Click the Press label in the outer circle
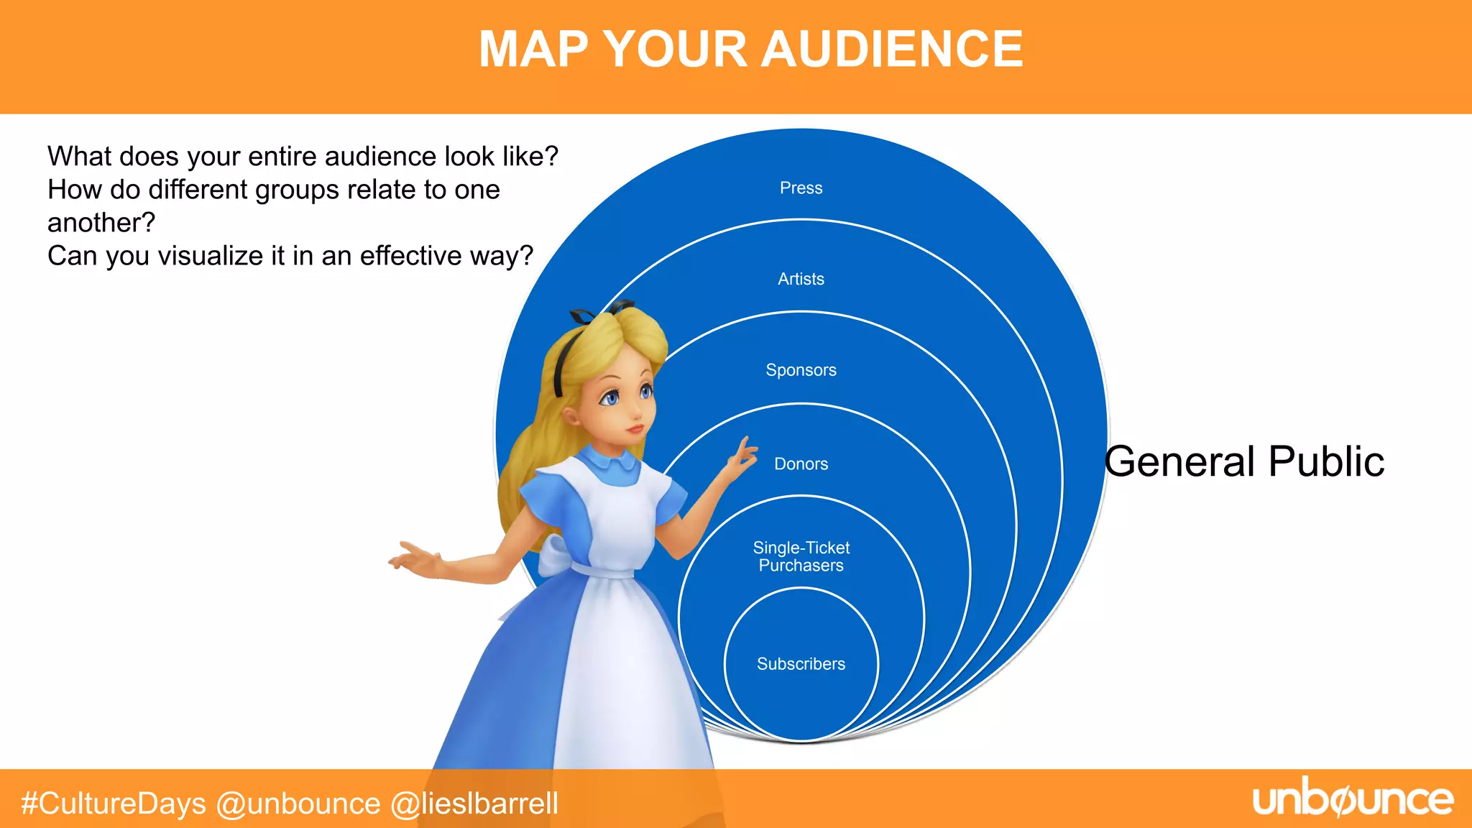801,188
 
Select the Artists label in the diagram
801,279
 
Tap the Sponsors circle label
801,370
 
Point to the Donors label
801,464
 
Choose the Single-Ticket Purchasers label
801,557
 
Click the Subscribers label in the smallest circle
801,664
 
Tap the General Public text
1244,461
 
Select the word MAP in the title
533,50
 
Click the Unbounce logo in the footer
1353,800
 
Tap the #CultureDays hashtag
114,804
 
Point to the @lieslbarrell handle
474,804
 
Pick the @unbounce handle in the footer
298,804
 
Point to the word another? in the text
101,224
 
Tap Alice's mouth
635,429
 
